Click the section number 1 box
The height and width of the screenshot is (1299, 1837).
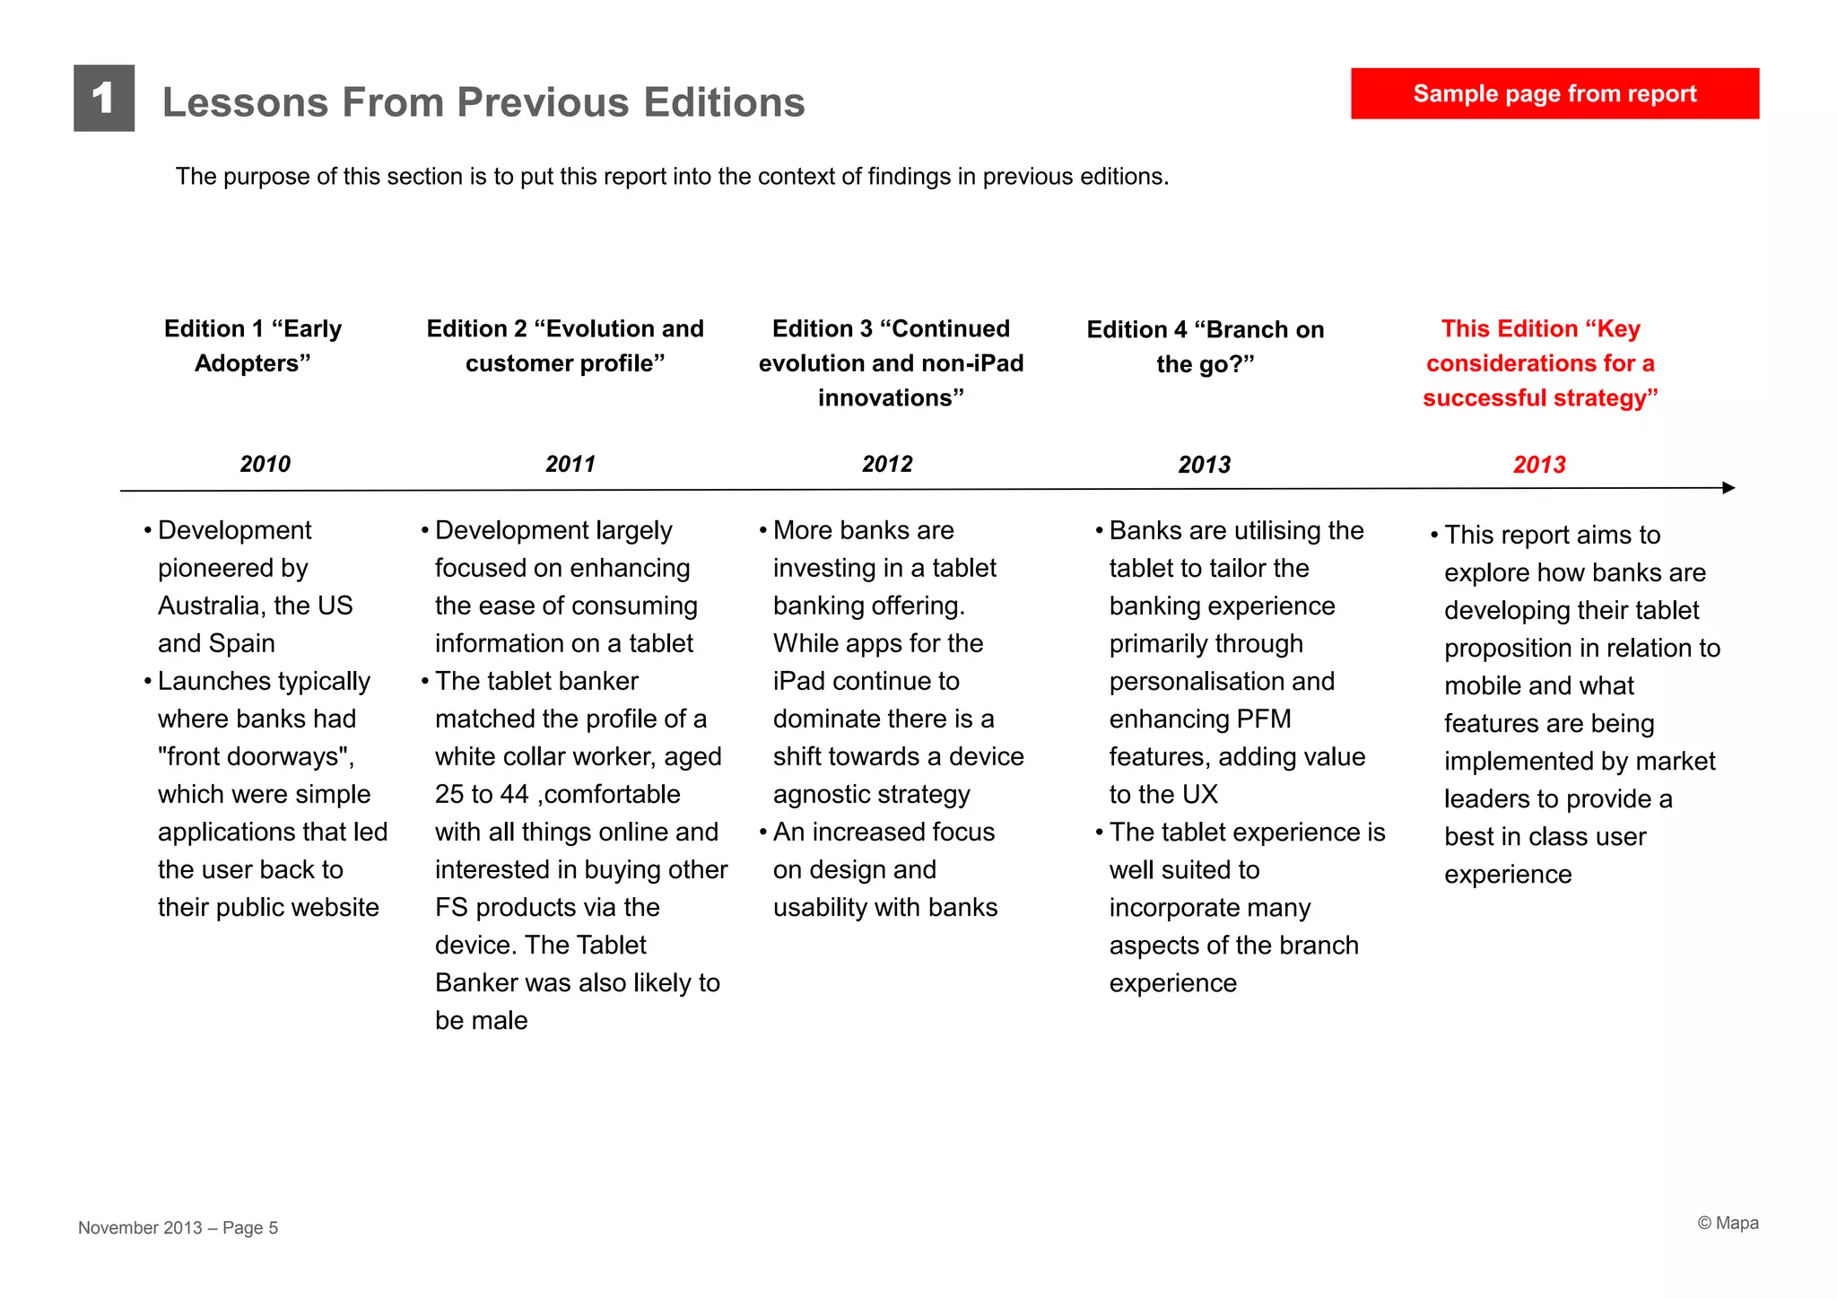click(x=104, y=98)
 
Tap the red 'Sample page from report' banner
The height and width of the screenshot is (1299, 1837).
click(x=1554, y=93)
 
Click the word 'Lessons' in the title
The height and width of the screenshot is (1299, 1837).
click(x=245, y=102)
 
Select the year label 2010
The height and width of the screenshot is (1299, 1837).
click(x=266, y=464)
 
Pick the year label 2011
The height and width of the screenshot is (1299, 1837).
click(x=570, y=464)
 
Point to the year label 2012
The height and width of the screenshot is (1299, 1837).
click(x=887, y=464)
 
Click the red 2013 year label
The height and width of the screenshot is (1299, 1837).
click(x=1539, y=465)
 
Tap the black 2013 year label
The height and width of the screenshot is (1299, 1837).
click(x=1205, y=465)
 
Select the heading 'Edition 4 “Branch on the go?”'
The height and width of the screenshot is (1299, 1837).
click(x=1206, y=346)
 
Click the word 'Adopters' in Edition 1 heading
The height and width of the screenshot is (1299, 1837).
click(x=248, y=363)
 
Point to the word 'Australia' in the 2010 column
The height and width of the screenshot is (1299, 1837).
click(x=212, y=606)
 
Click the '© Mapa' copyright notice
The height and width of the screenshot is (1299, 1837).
click(x=1728, y=1224)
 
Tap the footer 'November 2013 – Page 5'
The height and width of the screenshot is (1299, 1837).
click(x=178, y=1227)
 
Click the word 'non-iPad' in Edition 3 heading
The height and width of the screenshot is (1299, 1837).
click(x=971, y=363)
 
